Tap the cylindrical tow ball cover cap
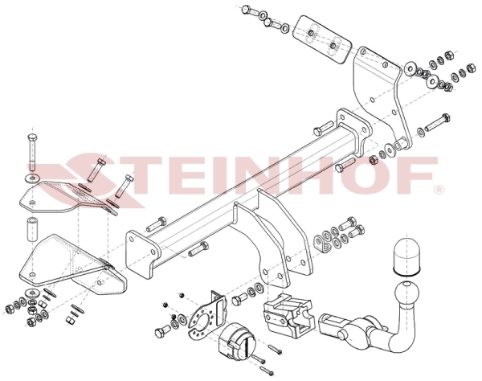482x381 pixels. pyautogui.click(x=406, y=254)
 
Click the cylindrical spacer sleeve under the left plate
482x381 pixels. pyautogui.click(x=31, y=229)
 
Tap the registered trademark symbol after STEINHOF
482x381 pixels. pyautogui.click(x=439, y=190)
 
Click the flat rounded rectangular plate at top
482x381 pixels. pyautogui.click(x=321, y=39)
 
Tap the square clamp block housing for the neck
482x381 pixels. pyautogui.click(x=288, y=316)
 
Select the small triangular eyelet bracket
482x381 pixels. pyautogui.click(x=321, y=244)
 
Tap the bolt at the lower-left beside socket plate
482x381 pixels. pyautogui.click(x=163, y=331)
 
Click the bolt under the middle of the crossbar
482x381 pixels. pyautogui.click(x=199, y=248)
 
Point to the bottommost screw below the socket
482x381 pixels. pyautogui.click(x=267, y=370)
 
